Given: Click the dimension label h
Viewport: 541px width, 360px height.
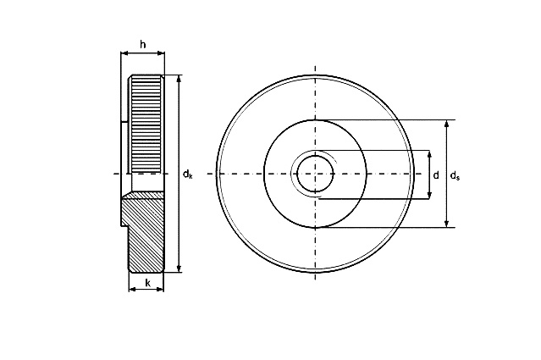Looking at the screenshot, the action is click(143, 45).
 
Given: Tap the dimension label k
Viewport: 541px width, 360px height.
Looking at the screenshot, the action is click(147, 283).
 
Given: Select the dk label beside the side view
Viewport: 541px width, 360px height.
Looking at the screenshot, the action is click(187, 174).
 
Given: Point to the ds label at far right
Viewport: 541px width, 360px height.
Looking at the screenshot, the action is click(455, 175).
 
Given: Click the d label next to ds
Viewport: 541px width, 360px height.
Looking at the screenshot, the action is click(436, 175).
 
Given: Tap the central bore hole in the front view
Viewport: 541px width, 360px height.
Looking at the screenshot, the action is click(315, 174).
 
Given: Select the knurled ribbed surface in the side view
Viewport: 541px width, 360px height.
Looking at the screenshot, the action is click(145, 125).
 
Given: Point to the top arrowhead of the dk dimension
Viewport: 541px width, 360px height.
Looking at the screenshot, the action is click(179, 79).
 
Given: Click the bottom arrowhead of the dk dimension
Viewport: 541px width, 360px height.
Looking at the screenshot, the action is click(179, 269).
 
